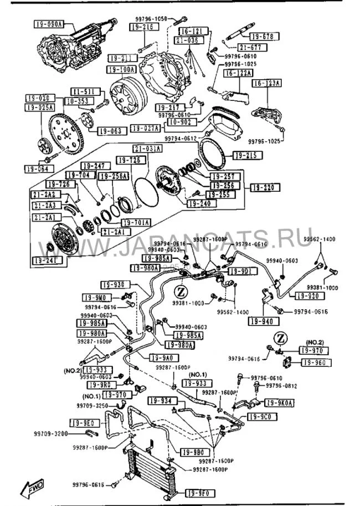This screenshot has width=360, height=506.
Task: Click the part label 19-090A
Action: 49,24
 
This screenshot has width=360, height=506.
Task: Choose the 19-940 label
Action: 262,321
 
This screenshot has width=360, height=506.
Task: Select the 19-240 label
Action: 199,204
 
